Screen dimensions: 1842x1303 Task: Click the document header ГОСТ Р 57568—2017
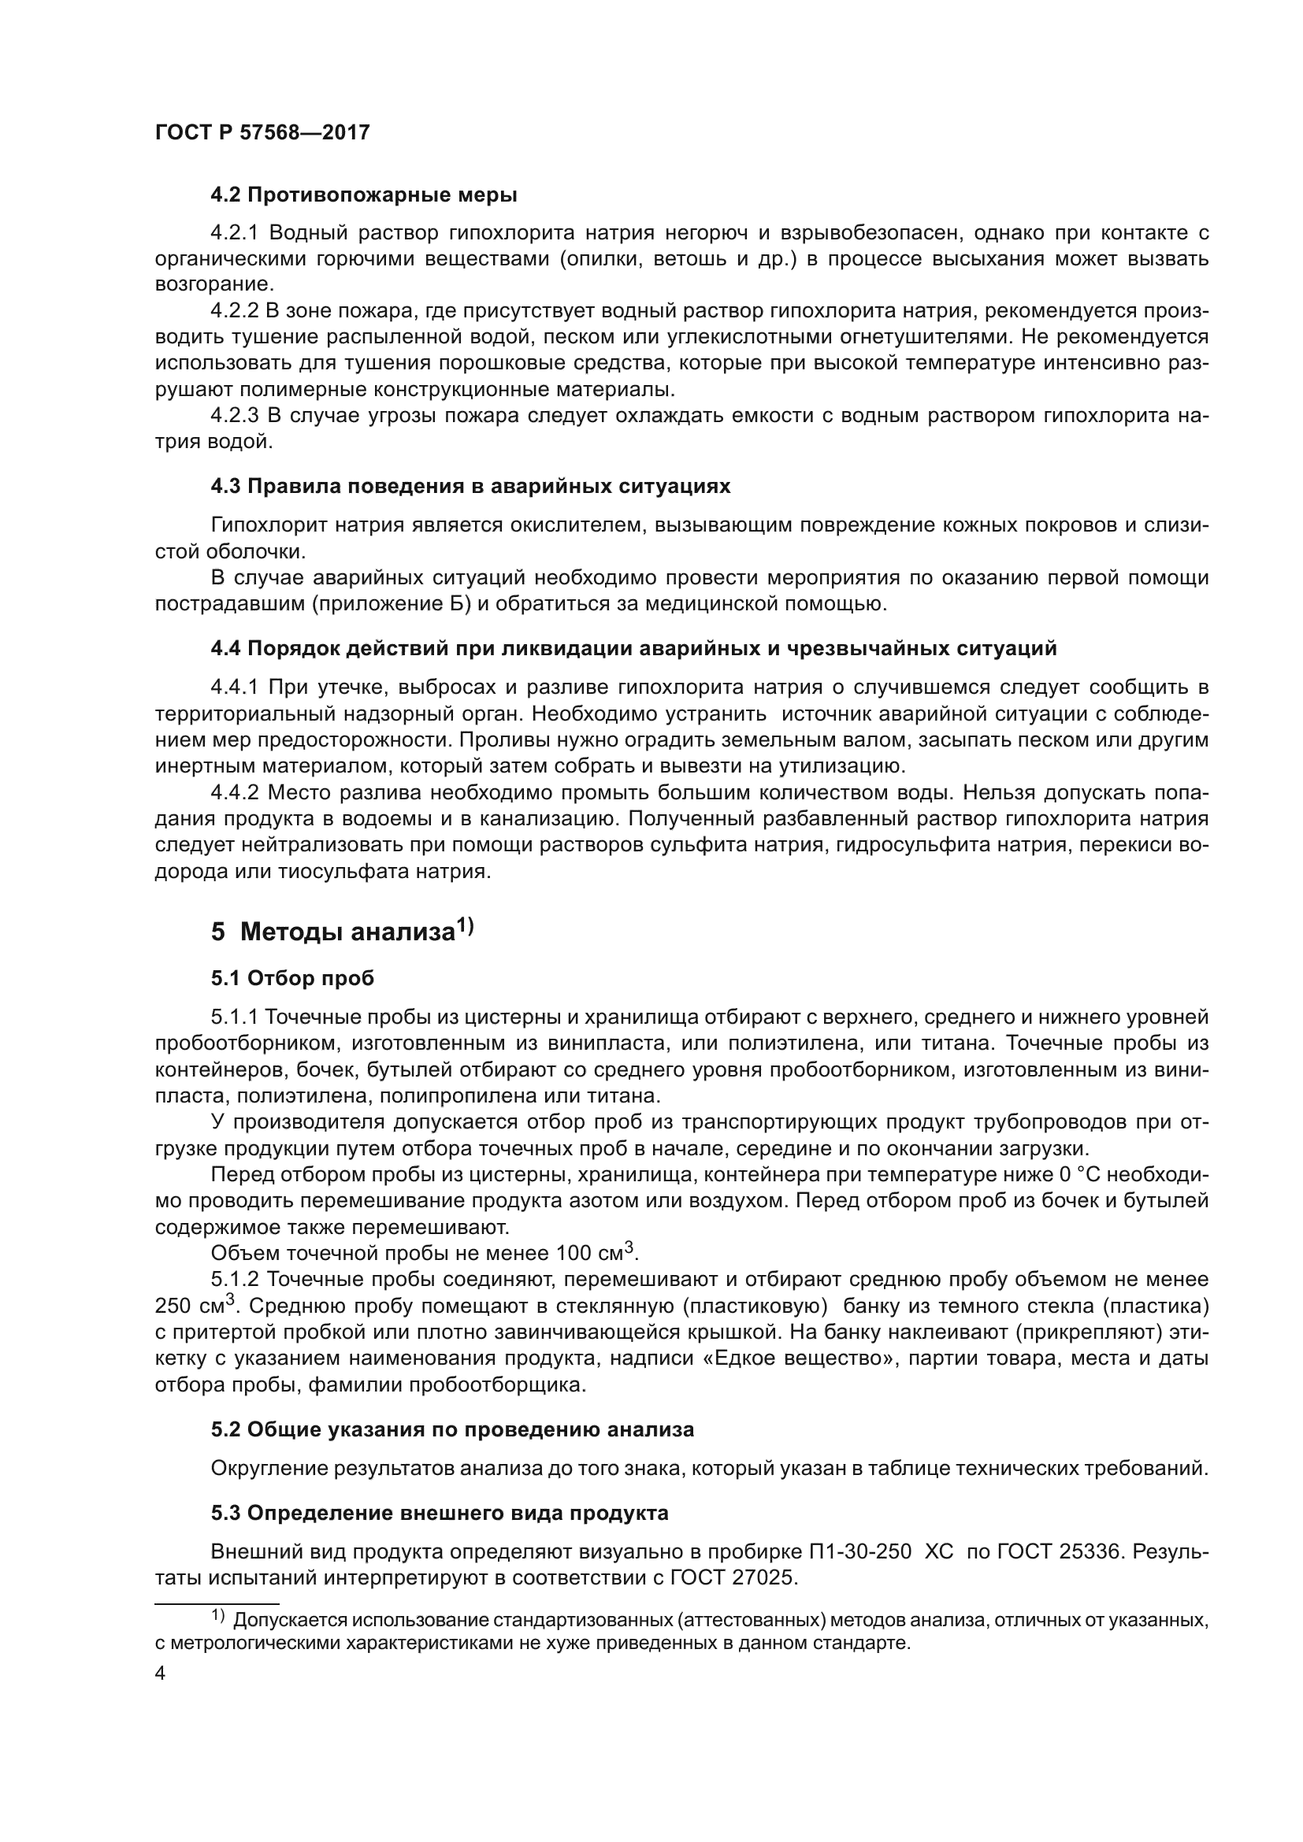click(262, 133)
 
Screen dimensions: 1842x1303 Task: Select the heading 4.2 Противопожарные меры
click(363, 195)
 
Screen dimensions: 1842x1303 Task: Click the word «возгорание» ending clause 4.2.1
click(213, 285)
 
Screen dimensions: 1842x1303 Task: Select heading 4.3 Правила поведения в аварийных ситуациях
click(470, 486)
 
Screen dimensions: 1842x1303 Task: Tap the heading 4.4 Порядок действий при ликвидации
click(633, 648)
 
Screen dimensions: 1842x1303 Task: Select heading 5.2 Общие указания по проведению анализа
click(451, 1429)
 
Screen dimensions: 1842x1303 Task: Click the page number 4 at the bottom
click(160, 1674)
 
